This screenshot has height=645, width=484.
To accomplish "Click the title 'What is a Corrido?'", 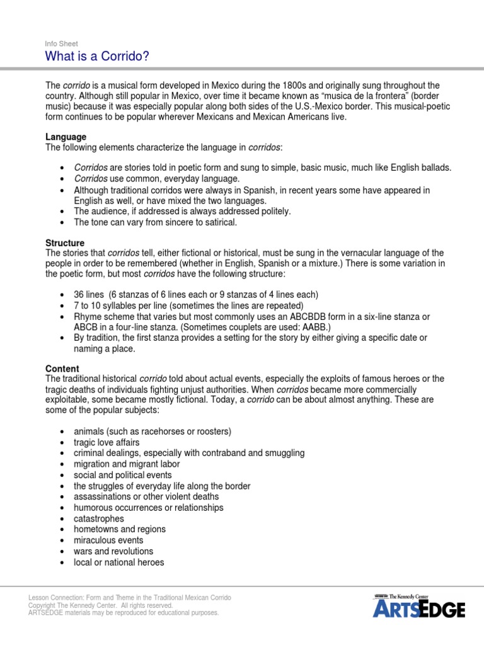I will click(x=97, y=57).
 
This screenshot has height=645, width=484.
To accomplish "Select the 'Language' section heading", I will click(x=66, y=137).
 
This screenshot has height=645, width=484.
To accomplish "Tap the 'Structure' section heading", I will click(x=65, y=243).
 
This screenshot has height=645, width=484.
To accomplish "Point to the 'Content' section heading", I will click(x=62, y=368).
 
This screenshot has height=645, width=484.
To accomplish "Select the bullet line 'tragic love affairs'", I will click(x=110, y=442).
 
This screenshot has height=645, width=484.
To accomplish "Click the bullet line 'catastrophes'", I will click(x=99, y=518).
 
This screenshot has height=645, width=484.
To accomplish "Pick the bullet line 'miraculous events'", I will click(x=108, y=540).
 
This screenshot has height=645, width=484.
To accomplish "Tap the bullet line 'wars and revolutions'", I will click(x=113, y=551).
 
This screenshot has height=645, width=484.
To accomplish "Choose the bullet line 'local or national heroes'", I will click(x=118, y=562).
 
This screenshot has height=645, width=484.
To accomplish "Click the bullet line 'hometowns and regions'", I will click(x=120, y=529).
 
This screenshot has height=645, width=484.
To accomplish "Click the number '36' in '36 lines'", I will click(x=79, y=295).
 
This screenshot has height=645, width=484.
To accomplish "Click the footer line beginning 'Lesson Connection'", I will click(x=129, y=597).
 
